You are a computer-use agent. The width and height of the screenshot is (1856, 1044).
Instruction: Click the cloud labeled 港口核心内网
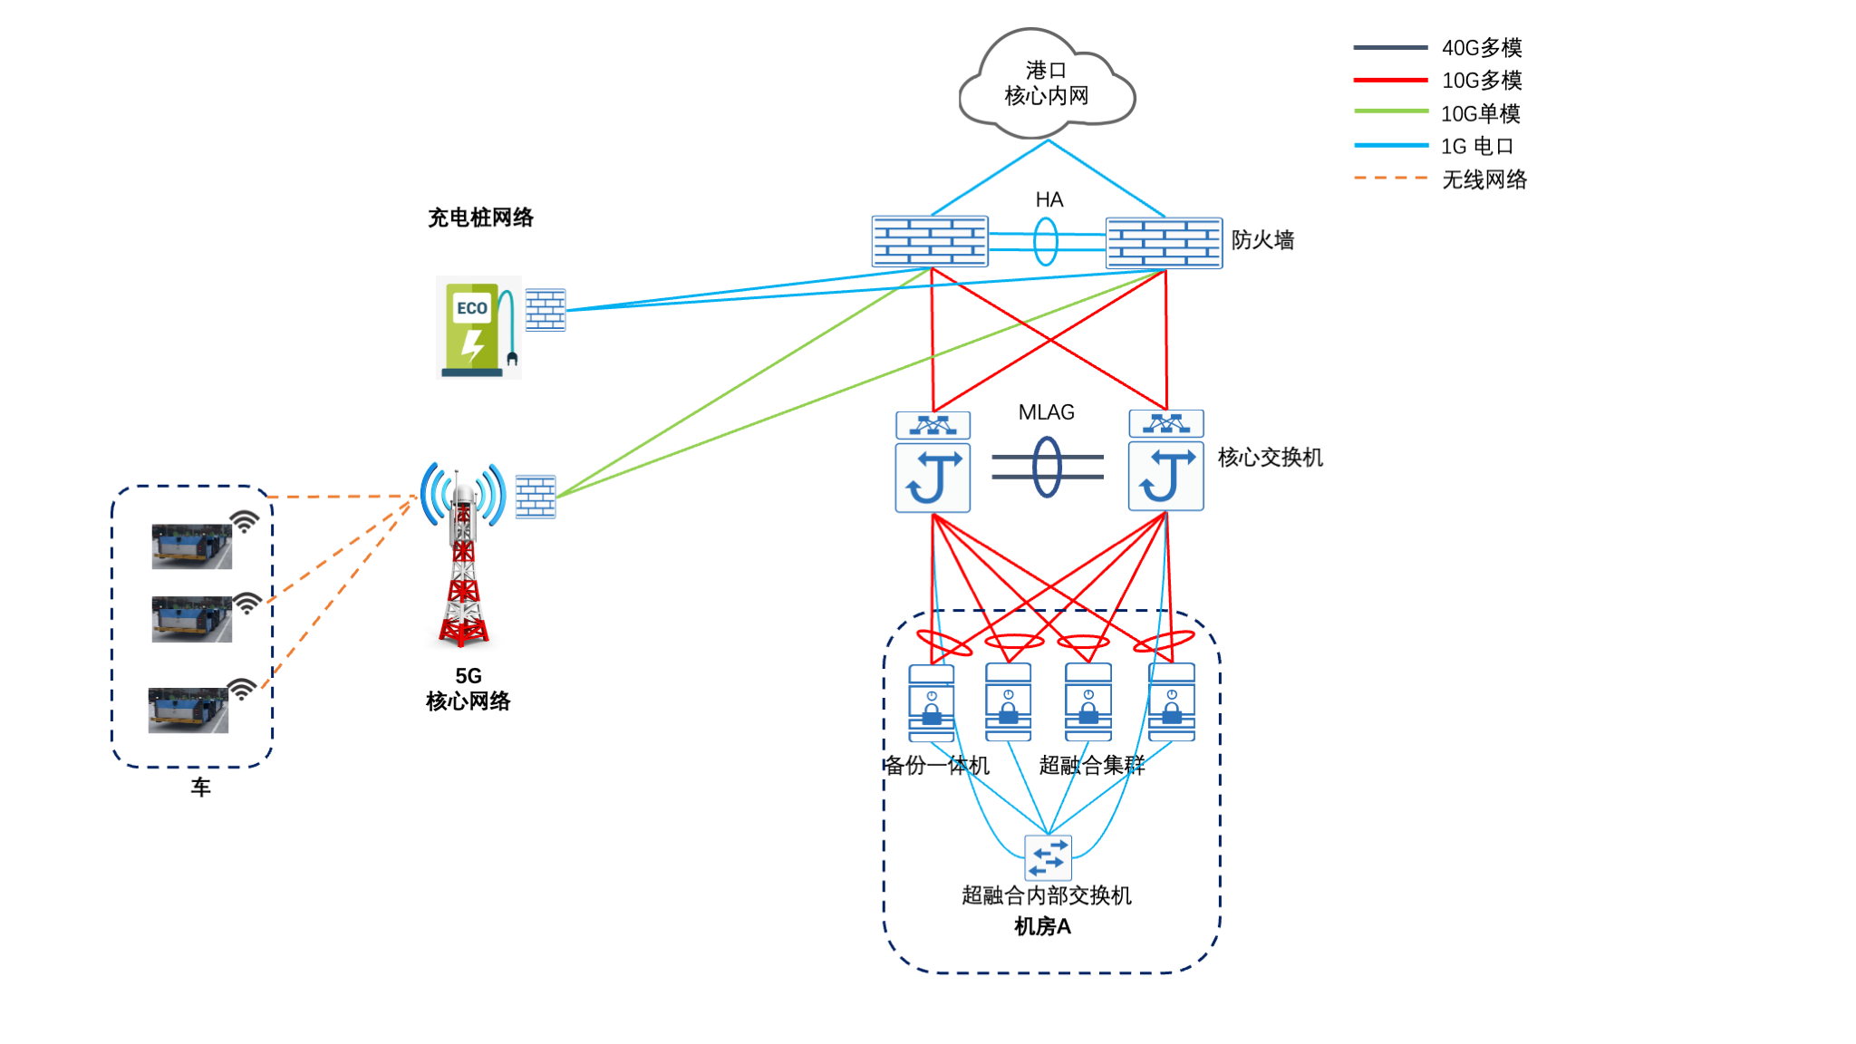1047,84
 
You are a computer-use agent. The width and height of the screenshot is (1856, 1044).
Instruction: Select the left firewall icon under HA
930,241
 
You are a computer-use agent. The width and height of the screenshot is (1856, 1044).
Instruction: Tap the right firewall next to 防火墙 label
1164,243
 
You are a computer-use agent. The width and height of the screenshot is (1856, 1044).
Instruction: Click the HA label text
1049,199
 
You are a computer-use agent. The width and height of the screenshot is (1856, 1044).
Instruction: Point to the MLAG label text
1046,412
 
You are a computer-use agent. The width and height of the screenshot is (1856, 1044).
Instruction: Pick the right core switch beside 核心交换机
1165,462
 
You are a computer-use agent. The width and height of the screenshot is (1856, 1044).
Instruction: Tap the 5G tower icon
463,553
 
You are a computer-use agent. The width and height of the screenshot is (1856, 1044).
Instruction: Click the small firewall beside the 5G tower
536,496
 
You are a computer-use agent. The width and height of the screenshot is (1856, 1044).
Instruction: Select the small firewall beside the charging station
546,310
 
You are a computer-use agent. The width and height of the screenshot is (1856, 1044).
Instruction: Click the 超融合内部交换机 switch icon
1048,857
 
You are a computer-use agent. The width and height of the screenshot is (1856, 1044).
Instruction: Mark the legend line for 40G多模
1390,47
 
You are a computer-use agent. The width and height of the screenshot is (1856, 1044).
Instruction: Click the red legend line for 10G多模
1390,80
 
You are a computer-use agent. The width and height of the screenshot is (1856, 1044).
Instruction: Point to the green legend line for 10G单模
1390,111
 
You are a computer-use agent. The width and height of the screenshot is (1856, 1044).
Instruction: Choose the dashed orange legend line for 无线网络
1390,178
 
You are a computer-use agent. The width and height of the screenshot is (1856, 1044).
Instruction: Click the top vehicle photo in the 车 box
191,546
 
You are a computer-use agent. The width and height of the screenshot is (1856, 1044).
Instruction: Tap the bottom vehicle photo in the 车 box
188,710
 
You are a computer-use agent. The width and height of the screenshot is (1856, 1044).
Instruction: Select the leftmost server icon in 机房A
932,703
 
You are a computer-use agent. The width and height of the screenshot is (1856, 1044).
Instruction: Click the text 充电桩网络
480,217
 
